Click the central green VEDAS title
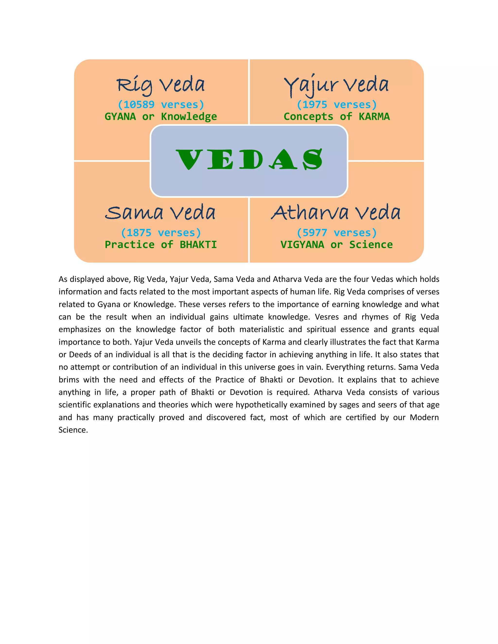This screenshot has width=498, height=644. pos(249,159)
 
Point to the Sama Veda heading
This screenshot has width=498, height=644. pos(160,213)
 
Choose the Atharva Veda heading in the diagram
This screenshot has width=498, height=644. pos(336,213)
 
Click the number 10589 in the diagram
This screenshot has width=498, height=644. pos(139,105)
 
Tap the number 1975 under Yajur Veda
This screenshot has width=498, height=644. pos(315,105)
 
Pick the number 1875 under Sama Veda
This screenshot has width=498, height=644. pos(139,233)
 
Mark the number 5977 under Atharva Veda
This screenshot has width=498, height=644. pos(315,233)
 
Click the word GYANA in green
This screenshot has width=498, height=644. pos(120,117)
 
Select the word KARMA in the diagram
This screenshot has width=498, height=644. pos(374,117)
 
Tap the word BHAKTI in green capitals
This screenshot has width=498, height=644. pos(198,245)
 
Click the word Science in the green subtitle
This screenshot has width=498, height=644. pos(371,245)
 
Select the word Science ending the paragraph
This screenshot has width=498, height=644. pos(73,430)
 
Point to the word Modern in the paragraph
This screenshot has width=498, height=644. pos(424,418)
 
